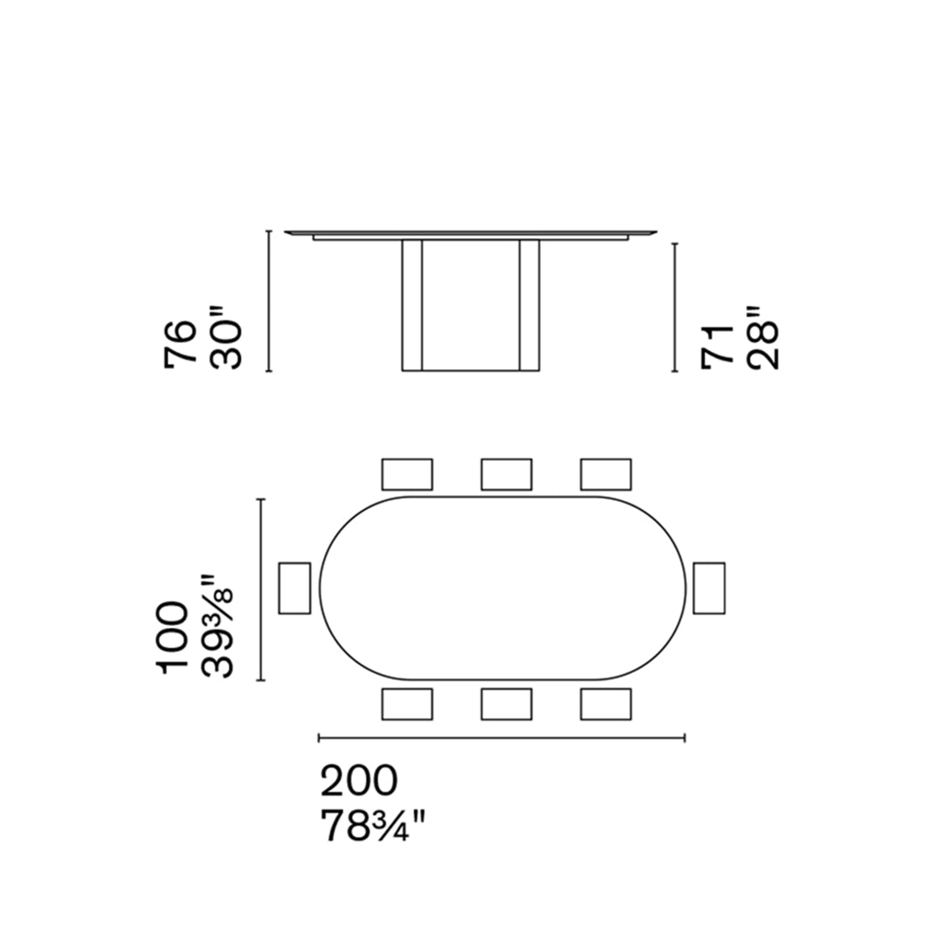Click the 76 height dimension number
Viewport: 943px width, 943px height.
click(180, 342)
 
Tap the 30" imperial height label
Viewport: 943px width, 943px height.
click(225, 338)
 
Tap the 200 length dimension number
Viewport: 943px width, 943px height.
click(359, 781)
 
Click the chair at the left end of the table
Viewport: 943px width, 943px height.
click(295, 589)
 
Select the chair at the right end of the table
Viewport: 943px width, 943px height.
click(709, 589)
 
